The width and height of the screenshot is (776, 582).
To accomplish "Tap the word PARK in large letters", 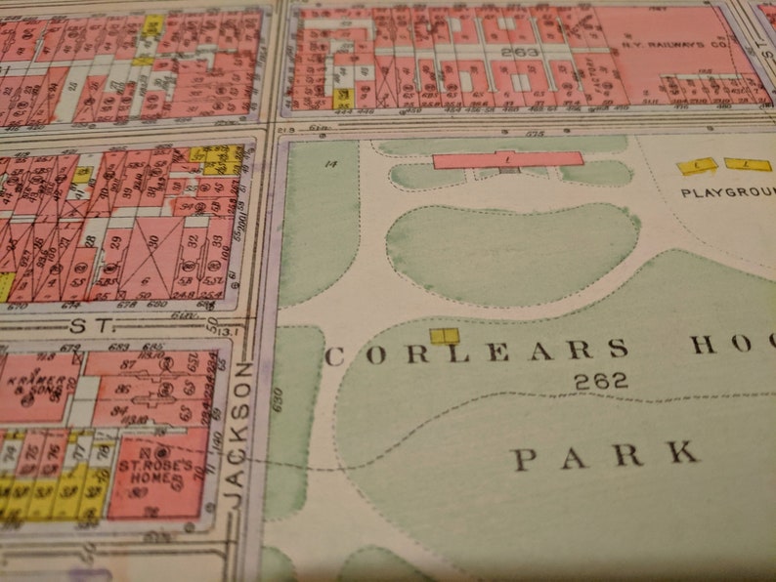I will pos(607,454).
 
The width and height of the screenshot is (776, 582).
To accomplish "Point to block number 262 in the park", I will pos(601,382).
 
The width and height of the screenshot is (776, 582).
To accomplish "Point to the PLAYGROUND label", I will pos(727,192).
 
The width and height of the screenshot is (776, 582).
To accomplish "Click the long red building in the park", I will pos(507,158).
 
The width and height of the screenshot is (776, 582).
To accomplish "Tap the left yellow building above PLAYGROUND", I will pos(698,166).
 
